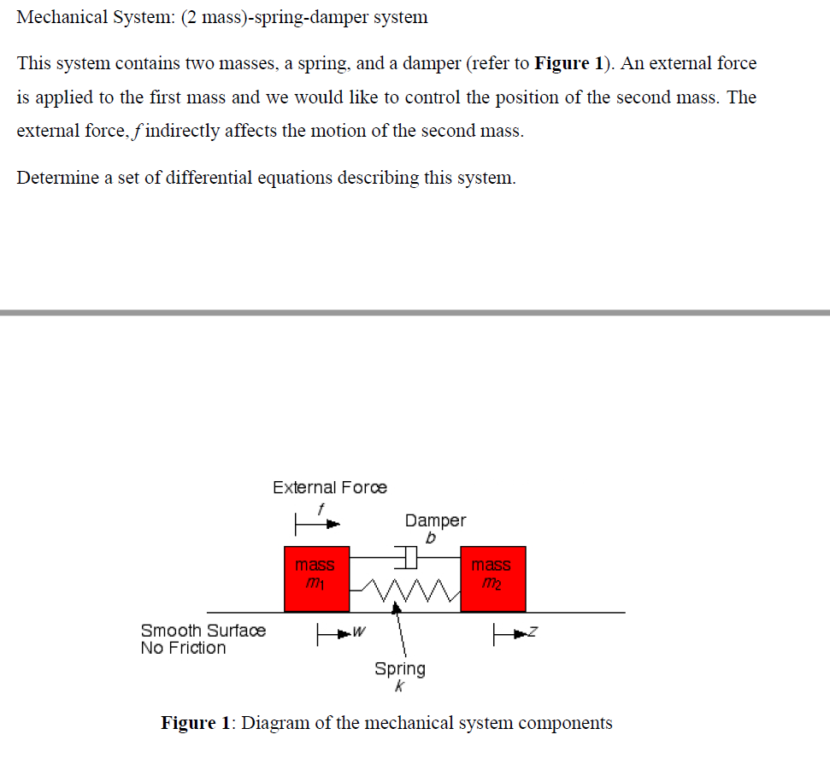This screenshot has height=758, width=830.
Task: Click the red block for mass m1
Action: [316, 579]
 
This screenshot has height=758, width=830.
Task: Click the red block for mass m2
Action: [492, 579]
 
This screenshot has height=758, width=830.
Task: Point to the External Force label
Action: [329, 487]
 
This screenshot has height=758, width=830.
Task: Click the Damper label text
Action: [435, 520]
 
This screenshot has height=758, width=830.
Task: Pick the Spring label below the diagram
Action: [399, 668]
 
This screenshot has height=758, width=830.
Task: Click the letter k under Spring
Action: [399, 686]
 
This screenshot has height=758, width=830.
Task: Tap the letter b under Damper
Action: [431, 538]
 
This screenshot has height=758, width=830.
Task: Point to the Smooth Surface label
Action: [203, 631]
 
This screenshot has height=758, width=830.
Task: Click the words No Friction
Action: [183, 648]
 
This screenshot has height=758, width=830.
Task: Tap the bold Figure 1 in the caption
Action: [196, 723]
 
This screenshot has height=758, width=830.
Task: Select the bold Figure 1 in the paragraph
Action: [562, 63]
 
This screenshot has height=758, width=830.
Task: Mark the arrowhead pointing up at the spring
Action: [396, 608]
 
